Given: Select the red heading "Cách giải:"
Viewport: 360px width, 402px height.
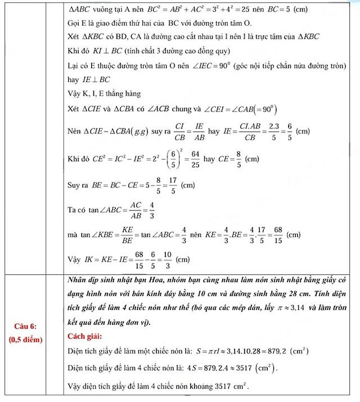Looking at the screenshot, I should click(x=87, y=337).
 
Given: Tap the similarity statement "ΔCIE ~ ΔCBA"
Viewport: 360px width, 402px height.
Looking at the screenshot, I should click(x=109, y=131).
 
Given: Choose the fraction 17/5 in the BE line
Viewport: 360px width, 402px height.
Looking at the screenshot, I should click(x=157, y=185).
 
